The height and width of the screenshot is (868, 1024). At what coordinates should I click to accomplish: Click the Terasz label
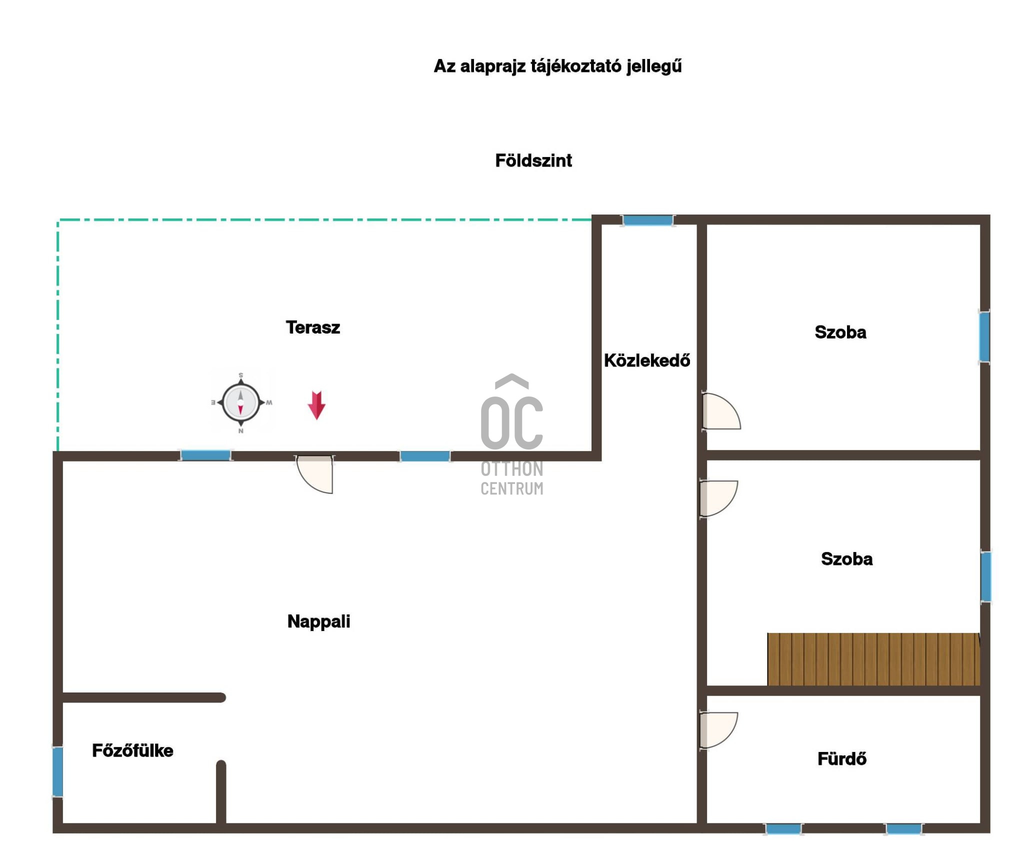(312, 327)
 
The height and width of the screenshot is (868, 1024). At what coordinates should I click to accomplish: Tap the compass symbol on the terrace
(241, 402)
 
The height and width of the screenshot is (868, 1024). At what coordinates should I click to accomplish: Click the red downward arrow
(316, 405)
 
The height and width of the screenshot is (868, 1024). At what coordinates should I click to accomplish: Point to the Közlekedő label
(647, 360)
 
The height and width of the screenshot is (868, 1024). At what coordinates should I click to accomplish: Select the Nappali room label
(318, 622)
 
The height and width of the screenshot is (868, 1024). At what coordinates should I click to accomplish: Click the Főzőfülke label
(132, 750)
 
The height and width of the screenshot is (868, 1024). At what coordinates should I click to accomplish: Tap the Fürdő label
(842, 759)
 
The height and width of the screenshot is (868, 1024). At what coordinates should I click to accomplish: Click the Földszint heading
(533, 160)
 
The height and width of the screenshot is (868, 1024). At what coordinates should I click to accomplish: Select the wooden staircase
(873, 659)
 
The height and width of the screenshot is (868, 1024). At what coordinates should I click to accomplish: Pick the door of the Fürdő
(718, 730)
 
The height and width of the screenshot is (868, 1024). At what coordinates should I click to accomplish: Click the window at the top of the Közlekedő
(647, 220)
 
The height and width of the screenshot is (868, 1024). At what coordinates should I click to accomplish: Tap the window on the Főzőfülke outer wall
(58, 771)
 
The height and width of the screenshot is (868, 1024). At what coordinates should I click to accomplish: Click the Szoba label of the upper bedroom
(840, 332)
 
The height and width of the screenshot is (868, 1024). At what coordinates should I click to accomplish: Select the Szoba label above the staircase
(847, 559)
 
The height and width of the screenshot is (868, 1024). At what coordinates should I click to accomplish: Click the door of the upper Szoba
(721, 411)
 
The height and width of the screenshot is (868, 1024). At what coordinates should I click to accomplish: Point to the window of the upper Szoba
(984, 336)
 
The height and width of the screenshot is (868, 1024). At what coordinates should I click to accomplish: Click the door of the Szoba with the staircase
(718, 498)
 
